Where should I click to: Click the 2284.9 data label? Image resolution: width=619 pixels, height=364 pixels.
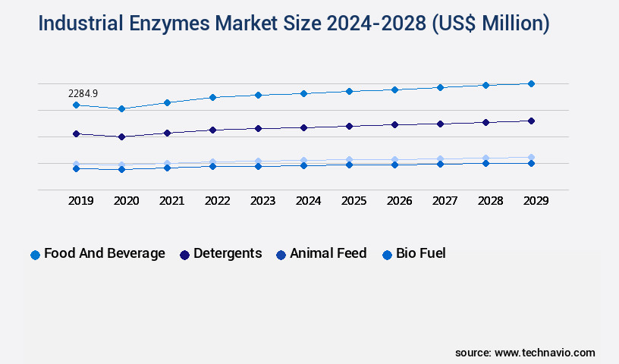point(83,93)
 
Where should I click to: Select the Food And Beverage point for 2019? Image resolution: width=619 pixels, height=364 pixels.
point(76,105)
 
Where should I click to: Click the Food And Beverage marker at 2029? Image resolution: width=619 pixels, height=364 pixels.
point(531,83)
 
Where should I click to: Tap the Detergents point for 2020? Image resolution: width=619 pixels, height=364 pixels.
point(121,136)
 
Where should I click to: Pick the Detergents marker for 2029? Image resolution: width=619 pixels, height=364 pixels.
point(531,121)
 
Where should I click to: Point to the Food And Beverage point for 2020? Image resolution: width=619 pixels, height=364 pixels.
point(121,108)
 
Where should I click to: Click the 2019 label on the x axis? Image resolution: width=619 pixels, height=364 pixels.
point(81,201)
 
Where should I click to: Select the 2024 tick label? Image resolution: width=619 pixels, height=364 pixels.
point(309,201)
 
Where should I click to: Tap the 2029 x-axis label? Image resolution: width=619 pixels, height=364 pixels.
point(536,201)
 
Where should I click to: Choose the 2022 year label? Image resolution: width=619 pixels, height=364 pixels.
point(218,201)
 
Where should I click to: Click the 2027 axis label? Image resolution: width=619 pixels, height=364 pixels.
point(445,201)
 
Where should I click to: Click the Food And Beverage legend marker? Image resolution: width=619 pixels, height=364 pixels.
point(35,255)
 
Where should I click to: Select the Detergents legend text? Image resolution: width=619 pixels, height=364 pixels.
point(228,253)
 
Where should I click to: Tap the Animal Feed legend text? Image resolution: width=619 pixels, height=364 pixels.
point(328,253)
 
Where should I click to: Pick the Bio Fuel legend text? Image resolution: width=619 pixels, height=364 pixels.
point(420,253)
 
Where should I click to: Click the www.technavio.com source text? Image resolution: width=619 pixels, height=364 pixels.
point(545,353)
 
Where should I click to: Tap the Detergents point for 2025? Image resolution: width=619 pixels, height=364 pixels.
point(349,126)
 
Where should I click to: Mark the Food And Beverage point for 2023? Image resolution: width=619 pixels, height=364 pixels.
point(258,95)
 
